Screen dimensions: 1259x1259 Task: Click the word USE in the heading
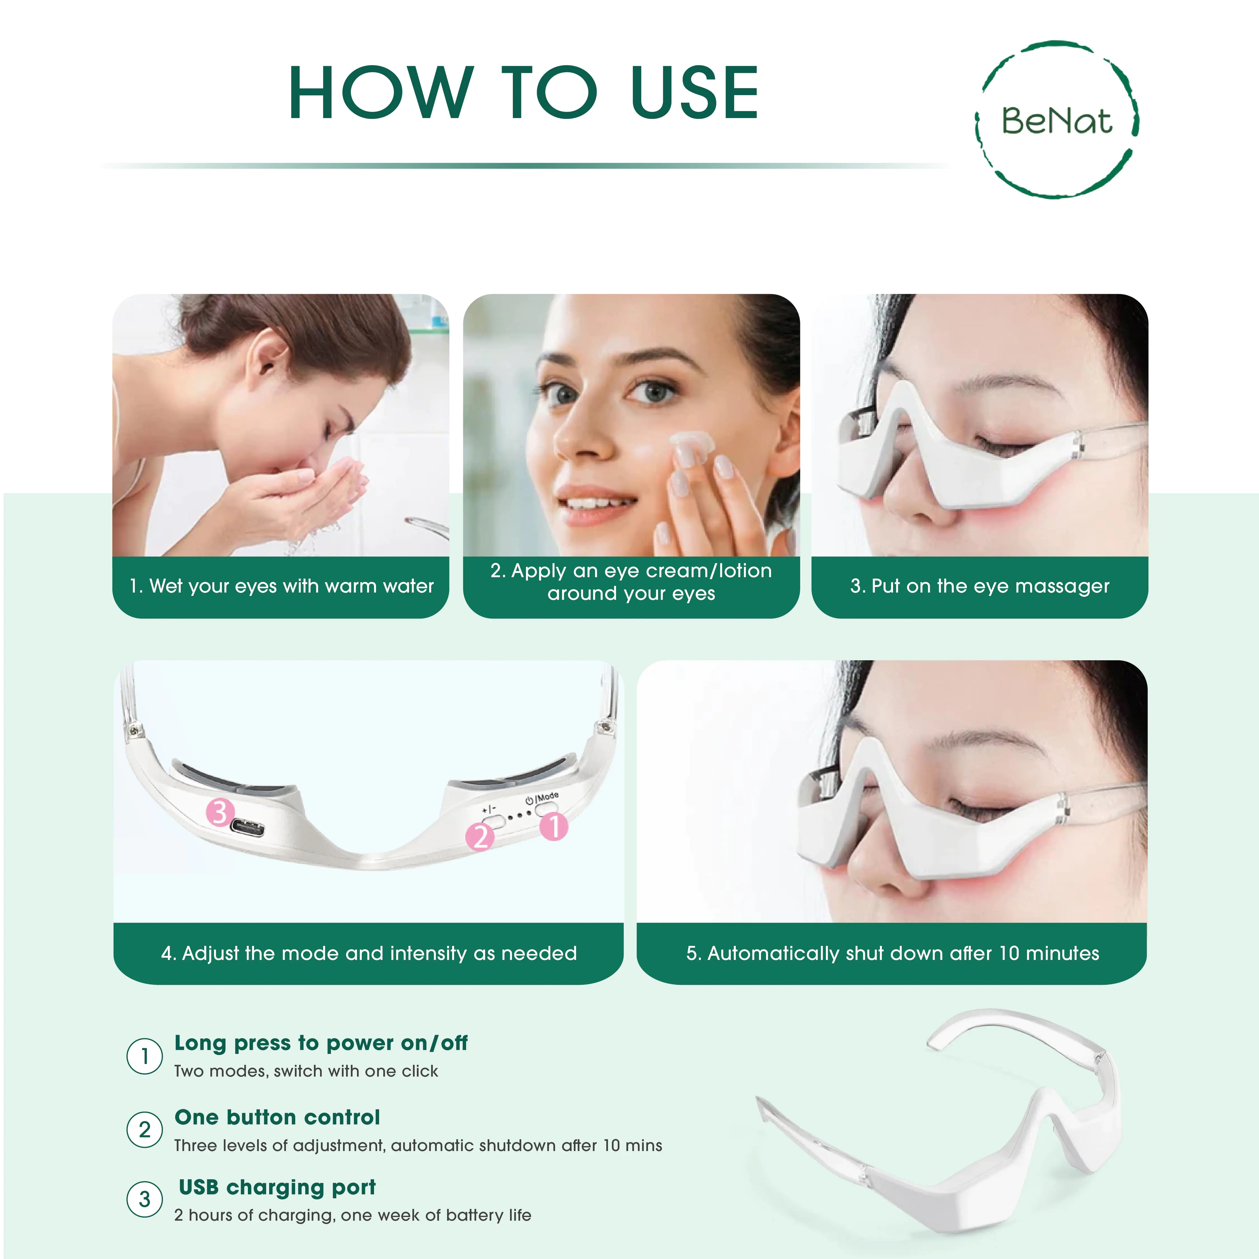[695, 93]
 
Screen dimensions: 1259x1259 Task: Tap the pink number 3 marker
[220, 813]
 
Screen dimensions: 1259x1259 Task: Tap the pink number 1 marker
[554, 826]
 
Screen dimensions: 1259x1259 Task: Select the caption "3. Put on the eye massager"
[979, 586]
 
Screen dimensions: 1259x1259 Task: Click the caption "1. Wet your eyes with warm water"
[281, 586]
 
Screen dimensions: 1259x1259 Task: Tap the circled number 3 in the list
[144, 1199]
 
